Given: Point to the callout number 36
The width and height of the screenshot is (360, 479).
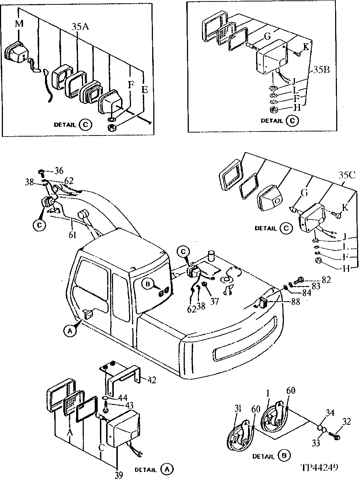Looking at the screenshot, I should (x=59, y=171).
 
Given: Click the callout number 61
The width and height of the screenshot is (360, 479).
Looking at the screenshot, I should (x=72, y=234).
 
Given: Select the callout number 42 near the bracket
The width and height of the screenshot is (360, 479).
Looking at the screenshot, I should (x=151, y=380).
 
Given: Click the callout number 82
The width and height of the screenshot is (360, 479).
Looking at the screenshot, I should (x=326, y=280).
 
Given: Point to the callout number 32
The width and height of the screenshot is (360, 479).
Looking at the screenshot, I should (x=346, y=422).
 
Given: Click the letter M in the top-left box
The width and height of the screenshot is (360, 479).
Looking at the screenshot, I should (x=19, y=24).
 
